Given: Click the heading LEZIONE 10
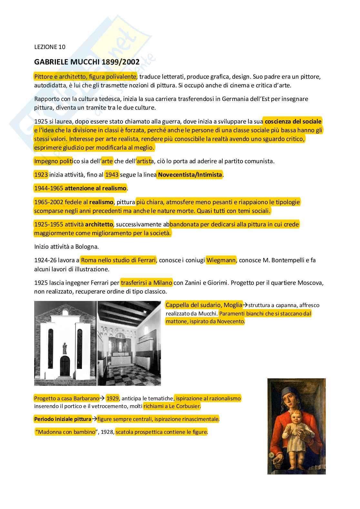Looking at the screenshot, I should pyautogui.click(x=50, y=47).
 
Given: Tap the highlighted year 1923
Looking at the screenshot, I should pyautogui.click(x=41, y=175).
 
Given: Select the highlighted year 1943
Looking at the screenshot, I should pyautogui.click(x=112, y=175).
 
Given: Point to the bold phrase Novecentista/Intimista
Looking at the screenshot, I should pyautogui.click(x=190, y=175).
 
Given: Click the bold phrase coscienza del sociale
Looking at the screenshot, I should pyautogui.click(x=293, y=122).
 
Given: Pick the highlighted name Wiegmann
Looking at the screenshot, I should pyautogui.click(x=221, y=260).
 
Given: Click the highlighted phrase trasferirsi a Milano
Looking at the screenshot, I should pyautogui.click(x=146, y=283).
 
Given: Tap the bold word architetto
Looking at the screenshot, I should pyautogui.click(x=99, y=224).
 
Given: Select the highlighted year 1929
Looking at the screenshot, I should pyautogui.click(x=113, y=398).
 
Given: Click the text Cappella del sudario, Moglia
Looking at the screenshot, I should pyautogui.click(x=204, y=305).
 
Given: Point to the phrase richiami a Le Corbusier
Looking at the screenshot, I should pyautogui.click(x=172, y=406).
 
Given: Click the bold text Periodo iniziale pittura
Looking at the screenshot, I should pyautogui.click(x=63, y=419).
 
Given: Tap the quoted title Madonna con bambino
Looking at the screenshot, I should pyautogui.click(x=66, y=432).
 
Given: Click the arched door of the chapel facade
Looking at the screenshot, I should pyautogui.click(x=65, y=366).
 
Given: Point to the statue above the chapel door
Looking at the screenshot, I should pyautogui.click(x=65, y=348).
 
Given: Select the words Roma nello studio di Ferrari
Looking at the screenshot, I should pyautogui.click(x=118, y=260).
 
